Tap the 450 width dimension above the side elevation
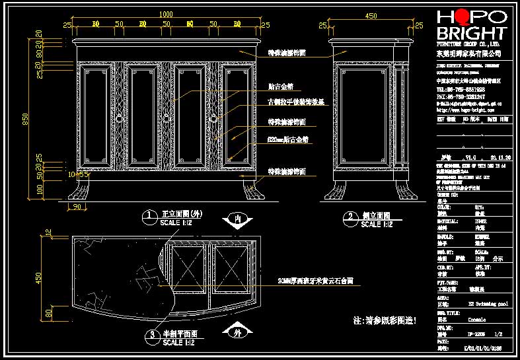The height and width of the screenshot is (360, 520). click(x=371, y=16)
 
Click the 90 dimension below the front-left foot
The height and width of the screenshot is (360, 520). click(x=79, y=207)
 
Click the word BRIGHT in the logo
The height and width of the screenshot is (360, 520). click(x=472, y=34)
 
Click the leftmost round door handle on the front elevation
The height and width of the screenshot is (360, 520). click(x=120, y=118)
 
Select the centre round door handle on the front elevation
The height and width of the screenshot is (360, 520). click(x=166, y=118)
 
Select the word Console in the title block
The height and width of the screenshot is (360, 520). click(x=477, y=319)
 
